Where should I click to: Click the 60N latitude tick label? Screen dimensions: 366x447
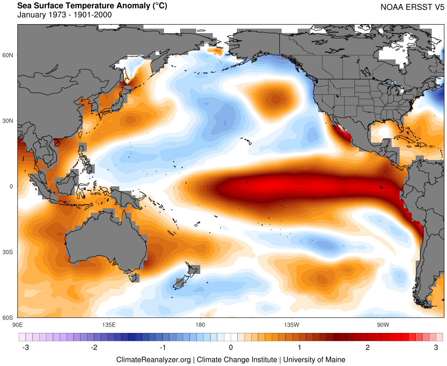(8, 55)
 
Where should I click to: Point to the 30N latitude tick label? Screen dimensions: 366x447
(8, 121)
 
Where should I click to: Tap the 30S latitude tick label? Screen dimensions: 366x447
(8, 252)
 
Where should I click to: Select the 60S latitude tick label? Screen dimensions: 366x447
(8, 318)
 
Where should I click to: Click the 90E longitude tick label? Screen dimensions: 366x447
(18, 324)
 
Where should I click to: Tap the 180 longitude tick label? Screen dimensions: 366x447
(200, 324)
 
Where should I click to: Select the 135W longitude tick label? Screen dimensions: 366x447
(291, 324)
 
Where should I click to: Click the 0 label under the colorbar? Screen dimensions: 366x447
(231, 347)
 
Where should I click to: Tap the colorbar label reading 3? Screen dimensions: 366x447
(435, 347)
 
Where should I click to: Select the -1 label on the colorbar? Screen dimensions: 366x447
(163, 347)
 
